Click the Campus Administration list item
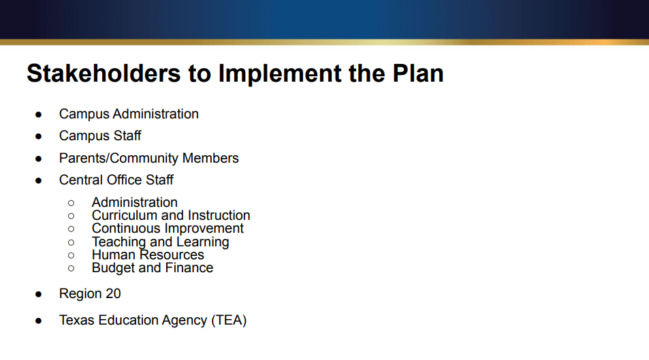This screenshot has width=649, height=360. tap(129, 114)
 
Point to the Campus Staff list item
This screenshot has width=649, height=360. tap(100, 136)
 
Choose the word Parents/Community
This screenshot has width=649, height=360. tap(118, 159)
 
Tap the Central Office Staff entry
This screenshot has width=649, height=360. tap(116, 180)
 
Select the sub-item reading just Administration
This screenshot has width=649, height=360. tap(134, 203)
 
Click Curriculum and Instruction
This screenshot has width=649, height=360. tap(171, 216)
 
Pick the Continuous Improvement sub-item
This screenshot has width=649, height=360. tap(168, 229)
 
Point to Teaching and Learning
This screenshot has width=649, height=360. tap(160, 242)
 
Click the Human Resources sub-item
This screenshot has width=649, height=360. tap(148, 255)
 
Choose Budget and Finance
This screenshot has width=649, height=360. tap(153, 268)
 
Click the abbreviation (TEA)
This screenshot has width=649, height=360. tap(229, 320)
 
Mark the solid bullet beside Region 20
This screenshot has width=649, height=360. tap(39, 295)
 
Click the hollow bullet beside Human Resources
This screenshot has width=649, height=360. tap(71, 255)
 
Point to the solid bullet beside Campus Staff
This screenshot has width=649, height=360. tap(39, 136)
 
